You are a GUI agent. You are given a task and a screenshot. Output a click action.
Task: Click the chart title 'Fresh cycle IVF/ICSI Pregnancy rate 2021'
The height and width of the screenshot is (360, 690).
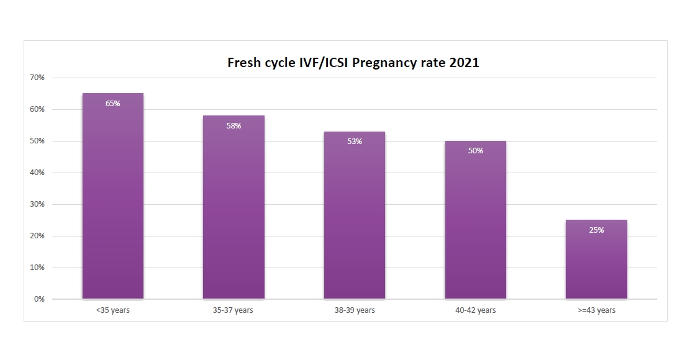coord(353,63)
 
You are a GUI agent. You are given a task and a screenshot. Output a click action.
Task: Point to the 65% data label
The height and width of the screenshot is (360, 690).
coord(112,104)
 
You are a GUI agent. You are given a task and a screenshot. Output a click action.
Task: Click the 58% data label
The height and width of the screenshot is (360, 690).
coord(234,126)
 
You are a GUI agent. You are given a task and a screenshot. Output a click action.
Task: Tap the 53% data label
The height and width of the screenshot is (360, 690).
coord(355,142)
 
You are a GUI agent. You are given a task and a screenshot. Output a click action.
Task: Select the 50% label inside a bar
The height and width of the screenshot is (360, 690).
coord(475,151)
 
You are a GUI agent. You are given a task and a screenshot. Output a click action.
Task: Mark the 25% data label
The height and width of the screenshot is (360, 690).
coord(596,230)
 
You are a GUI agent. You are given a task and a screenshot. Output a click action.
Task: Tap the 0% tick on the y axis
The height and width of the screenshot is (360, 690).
coord(39,299)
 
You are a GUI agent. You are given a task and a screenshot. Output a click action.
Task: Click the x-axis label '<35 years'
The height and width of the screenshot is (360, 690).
coord(112,310)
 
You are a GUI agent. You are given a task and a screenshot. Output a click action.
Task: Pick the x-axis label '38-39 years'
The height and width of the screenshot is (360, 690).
coord(355,310)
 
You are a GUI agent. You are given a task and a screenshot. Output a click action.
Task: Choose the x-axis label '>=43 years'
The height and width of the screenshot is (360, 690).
coord(596,310)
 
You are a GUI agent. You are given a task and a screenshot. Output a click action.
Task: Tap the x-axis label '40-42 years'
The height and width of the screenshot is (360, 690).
coord(475,310)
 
